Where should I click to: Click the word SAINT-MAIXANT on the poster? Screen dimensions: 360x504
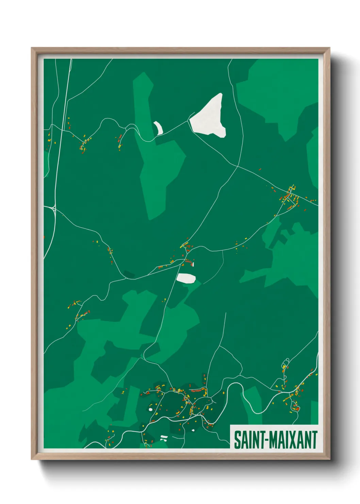(x=276, y=440)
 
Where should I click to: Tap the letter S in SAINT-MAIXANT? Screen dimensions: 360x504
(x=237, y=440)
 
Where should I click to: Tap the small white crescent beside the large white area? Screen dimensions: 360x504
(x=158, y=128)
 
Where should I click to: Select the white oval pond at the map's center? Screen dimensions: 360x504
(x=186, y=278)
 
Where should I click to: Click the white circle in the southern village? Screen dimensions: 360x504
(x=150, y=409)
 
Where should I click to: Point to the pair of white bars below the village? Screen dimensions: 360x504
(x=164, y=438)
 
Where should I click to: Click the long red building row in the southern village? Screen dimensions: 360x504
(x=197, y=388)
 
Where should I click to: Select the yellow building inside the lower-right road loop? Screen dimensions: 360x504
(x=284, y=367)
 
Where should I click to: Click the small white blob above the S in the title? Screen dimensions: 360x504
(x=193, y=430)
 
